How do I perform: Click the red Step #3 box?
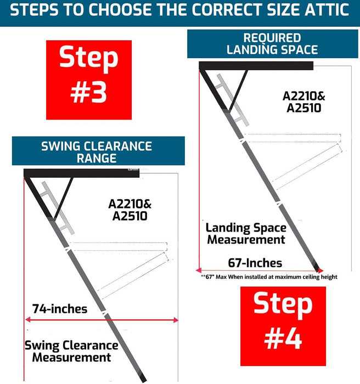click(x=89, y=80)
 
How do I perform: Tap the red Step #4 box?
click(x=283, y=326)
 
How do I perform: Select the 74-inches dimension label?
click(x=60, y=309)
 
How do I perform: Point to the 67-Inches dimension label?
click(x=255, y=263)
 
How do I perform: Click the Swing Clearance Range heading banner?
click(x=98, y=151)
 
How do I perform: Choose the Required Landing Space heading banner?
click(x=273, y=44)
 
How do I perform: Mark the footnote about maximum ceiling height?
click(x=269, y=277)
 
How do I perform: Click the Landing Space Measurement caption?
click(x=246, y=233)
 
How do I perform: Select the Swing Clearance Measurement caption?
click(x=71, y=351)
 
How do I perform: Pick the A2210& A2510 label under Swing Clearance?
click(x=130, y=210)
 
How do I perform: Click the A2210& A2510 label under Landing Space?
click(x=304, y=101)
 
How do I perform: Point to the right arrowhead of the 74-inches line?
click(x=176, y=320)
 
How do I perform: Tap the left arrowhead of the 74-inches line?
click(x=27, y=319)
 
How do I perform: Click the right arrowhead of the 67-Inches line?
click(x=320, y=270)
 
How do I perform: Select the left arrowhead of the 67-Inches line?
click(x=198, y=270)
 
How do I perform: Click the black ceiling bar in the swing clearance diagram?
click(x=81, y=173)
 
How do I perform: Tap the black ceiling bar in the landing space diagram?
click(x=256, y=66)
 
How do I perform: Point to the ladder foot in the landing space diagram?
click(x=317, y=267)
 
